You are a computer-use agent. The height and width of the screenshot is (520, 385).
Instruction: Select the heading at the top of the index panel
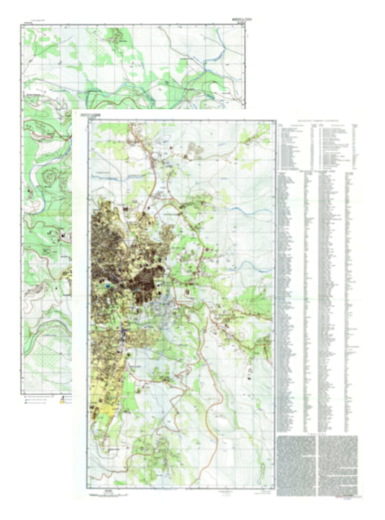318,119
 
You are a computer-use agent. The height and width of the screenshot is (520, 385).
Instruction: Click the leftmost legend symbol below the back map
25,398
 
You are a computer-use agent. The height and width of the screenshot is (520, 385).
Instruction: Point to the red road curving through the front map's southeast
217,376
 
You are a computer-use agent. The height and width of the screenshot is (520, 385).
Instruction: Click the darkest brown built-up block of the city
152,282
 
